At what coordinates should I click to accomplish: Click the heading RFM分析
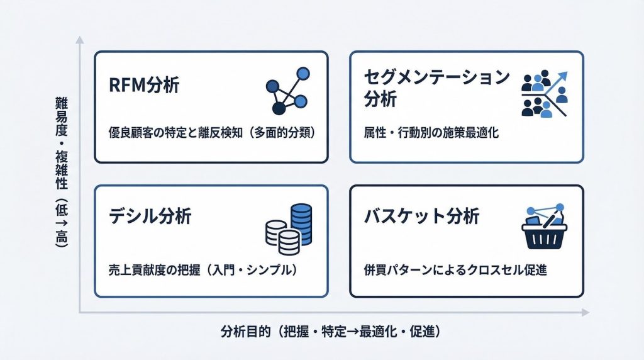point(144,85)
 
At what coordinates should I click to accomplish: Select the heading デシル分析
point(150,216)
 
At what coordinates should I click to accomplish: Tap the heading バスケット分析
point(422,216)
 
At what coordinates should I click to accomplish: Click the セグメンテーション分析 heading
point(437,88)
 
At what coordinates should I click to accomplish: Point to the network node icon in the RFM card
point(287,91)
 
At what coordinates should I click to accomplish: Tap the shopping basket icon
point(544,227)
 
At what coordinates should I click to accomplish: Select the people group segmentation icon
point(545,94)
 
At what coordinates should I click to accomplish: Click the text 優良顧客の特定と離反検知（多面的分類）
point(212,133)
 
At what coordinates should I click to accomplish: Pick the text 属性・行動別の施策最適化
point(431,133)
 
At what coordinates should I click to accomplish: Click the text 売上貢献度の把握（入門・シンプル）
point(203,270)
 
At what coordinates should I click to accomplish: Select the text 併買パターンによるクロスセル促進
point(455,270)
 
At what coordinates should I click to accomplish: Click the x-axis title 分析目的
point(245,331)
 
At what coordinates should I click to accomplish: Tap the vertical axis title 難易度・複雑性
point(62,143)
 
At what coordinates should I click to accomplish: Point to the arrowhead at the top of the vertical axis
point(80,40)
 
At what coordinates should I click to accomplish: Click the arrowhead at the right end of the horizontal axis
point(586,313)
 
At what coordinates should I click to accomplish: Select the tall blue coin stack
point(301,224)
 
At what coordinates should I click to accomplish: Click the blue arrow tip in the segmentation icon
point(563,76)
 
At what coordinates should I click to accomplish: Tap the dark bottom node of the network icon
point(279,108)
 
